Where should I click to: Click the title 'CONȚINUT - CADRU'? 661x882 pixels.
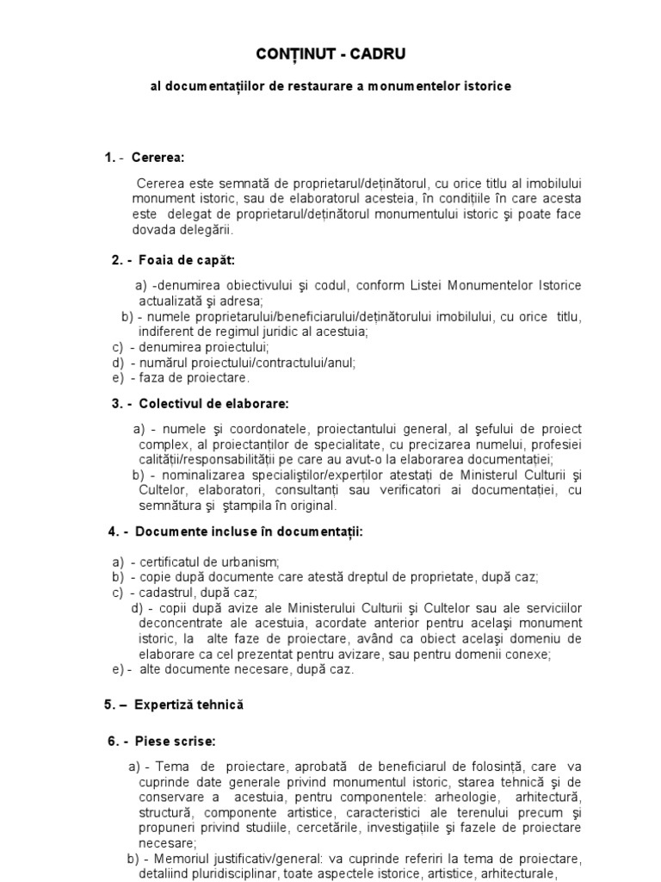(x=330, y=55)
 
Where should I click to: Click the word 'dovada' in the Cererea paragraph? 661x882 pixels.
(x=152, y=230)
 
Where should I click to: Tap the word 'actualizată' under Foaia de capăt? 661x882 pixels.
(x=170, y=301)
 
